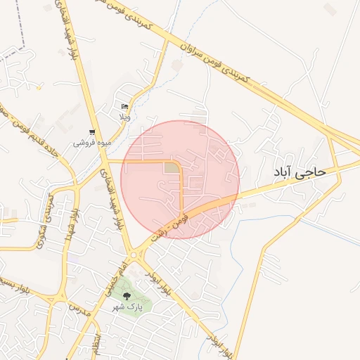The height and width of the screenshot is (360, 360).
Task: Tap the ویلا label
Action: [x=124, y=117]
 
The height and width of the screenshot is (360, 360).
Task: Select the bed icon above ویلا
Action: [x=125, y=106]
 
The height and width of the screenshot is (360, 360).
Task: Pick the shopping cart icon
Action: [x=91, y=132]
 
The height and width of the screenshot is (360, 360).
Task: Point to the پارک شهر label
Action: [x=127, y=307]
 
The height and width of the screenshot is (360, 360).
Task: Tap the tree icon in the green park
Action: [x=127, y=297]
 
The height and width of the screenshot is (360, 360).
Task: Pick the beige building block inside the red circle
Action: [x=172, y=167]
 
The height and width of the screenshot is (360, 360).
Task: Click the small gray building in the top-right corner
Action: [x=329, y=8]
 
